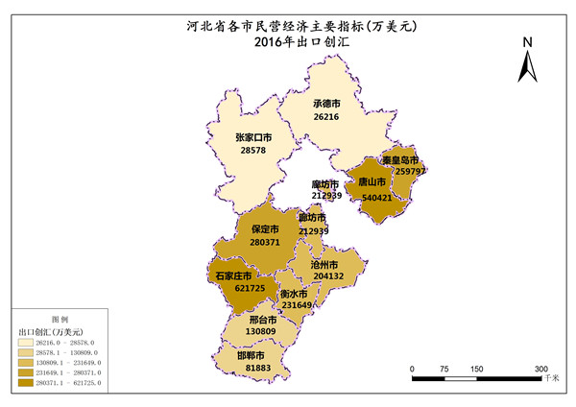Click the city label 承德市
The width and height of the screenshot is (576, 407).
(x=326, y=104)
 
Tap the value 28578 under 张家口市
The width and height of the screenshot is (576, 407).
(x=253, y=151)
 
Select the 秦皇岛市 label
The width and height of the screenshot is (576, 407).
(x=400, y=159)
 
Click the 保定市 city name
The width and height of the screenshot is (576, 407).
(x=265, y=230)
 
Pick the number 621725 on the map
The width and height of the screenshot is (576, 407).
(x=222, y=289)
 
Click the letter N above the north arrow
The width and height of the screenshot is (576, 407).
(x=528, y=42)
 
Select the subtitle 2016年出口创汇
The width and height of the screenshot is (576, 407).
(x=289, y=42)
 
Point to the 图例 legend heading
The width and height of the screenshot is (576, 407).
(x=59, y=318)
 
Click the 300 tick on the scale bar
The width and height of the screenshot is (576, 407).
(x=540, y=370)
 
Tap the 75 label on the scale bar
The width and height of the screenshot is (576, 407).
(x=444, y=370)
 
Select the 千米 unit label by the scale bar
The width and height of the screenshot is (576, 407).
(x=551, y=380)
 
